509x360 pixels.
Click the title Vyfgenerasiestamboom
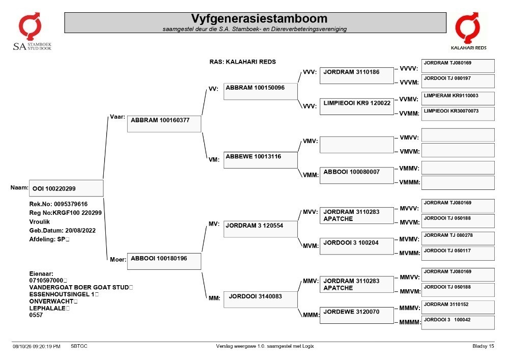tap(259, 18)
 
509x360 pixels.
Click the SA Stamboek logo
tap(32, 32)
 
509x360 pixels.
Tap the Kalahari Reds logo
tap(468, 31)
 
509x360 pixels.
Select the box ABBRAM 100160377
tap(164, 124)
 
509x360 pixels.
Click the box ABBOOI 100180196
tap(164, 261)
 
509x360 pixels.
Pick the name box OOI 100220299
tap(66, 188)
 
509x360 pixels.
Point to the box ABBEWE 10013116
tap(260, 160)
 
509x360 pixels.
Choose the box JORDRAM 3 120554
tap(260, 229)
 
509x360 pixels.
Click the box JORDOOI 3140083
tap(260, 299)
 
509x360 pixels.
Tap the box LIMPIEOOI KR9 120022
tap(357, 106)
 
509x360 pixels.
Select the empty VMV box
tap(357, 145)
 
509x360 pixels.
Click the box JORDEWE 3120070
tap(357, 315)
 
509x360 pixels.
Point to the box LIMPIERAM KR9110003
tap(458, 98)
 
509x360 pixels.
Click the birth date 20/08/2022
tap(80, 231)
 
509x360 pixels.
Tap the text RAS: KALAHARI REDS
tap(242, 62)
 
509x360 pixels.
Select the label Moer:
tap(118, 259)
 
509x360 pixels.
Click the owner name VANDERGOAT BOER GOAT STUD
tap(79, 287)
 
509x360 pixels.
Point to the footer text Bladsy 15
tap(483, 346)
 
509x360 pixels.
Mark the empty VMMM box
tap(458, 183)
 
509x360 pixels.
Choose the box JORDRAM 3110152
tap(458, 307)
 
